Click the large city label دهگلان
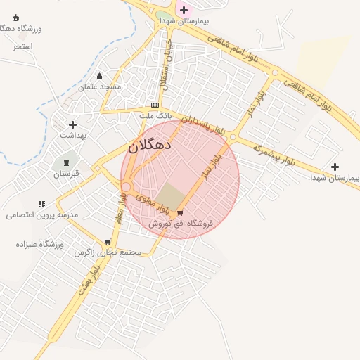[x=150, y=147]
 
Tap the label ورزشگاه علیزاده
[x=40, y=243]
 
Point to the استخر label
[x=22, y=46]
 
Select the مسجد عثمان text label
[x=100, y=86]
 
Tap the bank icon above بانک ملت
[x=155, y=105]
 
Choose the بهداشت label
[x=72, y=134]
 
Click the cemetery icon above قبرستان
[x=67, y=162]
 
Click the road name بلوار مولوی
[x=153, y=203]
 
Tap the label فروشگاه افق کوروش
[x=181, y=223]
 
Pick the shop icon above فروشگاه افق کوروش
[x=181, y=213]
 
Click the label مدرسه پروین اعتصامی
[x=42, y=214]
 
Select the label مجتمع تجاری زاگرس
[x=108, y=252]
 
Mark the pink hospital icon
[x=184, y=10]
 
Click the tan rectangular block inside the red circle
[x=168, y=195]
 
